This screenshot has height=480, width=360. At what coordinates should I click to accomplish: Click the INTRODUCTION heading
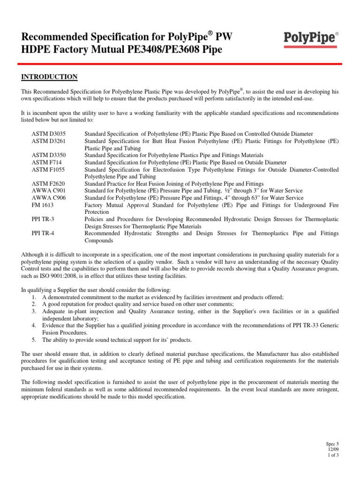49,77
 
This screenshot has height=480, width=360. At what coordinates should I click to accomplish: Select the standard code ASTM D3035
47,135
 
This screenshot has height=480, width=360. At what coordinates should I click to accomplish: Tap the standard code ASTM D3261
47,141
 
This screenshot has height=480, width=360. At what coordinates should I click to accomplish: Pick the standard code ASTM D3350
47,155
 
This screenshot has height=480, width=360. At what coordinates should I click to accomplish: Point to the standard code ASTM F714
45,162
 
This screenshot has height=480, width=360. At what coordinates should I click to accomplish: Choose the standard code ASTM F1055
46,169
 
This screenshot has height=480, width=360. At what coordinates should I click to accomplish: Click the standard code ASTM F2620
46,183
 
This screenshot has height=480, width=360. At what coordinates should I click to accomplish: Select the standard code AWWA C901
46,190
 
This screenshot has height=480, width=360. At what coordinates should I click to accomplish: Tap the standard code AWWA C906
46,197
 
